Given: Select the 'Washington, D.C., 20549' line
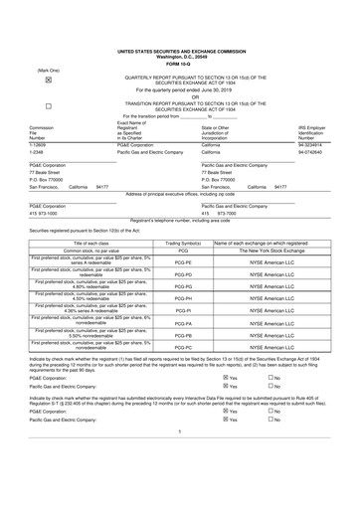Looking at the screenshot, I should tap(179, 55).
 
